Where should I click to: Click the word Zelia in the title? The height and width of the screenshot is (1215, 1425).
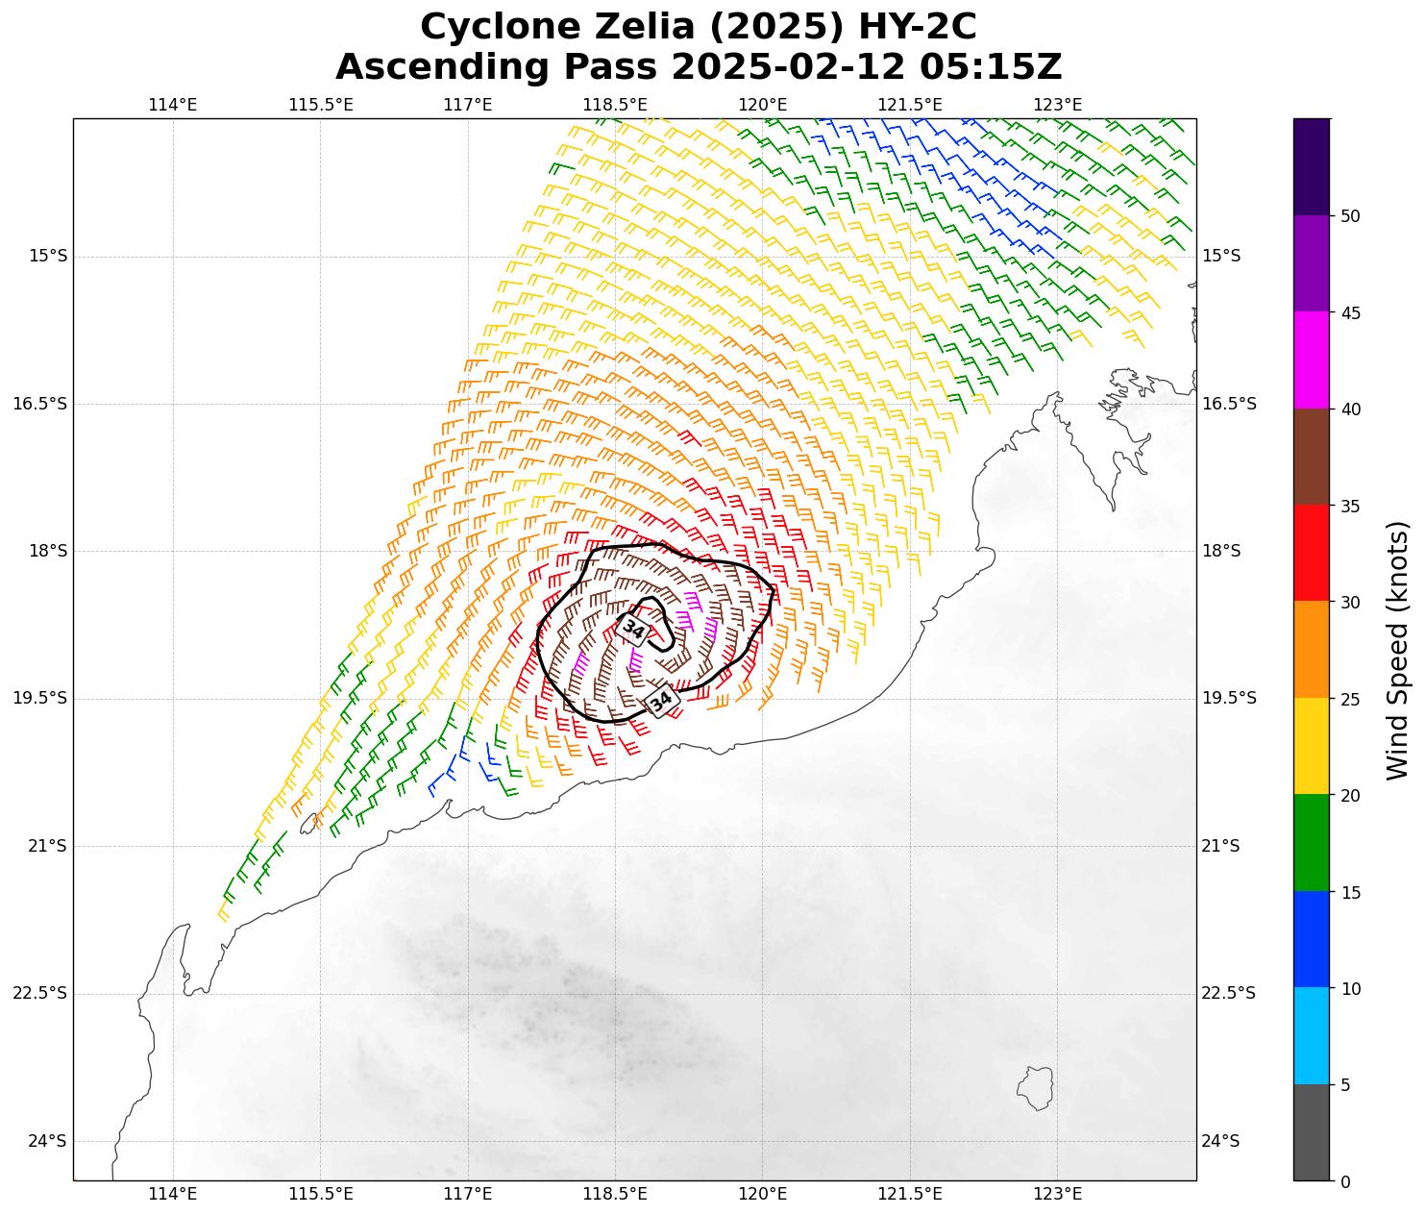coord(622,27)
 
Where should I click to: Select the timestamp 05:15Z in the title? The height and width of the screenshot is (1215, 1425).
coord(991,67)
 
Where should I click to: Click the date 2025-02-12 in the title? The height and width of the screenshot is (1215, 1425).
coord(788,67)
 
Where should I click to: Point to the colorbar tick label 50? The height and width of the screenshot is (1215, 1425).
coord(1350,216)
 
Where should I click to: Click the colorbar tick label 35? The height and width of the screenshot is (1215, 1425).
coord(1350,506)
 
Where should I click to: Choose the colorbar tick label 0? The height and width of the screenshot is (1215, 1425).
coord(1344,1181)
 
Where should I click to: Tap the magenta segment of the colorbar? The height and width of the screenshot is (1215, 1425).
coord(1312,360)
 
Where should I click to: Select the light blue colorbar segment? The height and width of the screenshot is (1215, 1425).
coord(1312,1036)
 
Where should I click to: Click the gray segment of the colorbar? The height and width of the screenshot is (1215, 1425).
coord(1312,1132)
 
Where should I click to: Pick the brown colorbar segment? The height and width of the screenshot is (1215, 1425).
coord(1312,457)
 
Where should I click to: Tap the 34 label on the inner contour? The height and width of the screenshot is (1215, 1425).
coord(633,629)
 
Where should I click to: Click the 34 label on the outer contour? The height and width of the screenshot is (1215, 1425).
coord(661,701)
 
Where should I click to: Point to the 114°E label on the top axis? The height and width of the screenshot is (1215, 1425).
coord(173,105)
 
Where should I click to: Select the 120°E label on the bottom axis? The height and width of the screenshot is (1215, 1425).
coord(763,1194)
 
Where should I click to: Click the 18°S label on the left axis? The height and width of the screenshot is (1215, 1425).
coord(48,551)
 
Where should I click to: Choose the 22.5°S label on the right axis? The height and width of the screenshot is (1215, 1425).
coord(1229,993)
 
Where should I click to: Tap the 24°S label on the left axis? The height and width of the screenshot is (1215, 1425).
coord(48,1141)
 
